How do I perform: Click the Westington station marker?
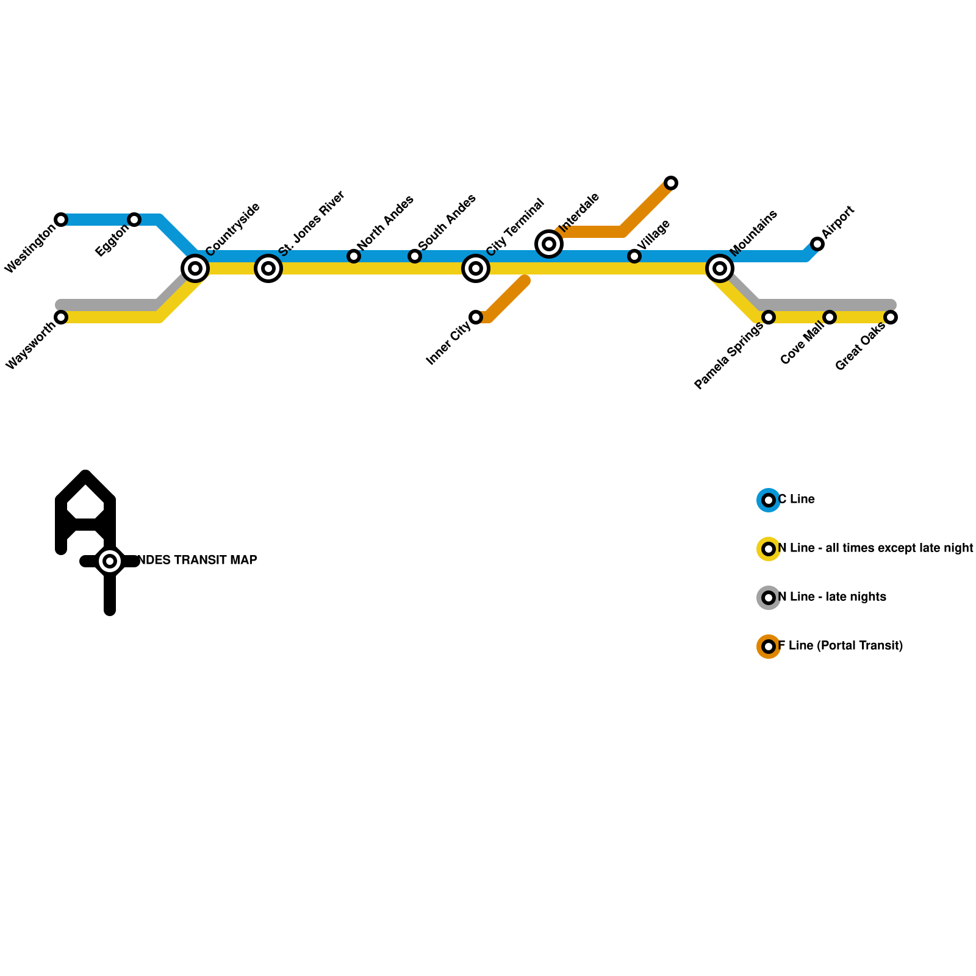[x=61, y=220]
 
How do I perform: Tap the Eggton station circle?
[x=134, y=220]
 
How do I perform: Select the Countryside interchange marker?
[x=195, y=268]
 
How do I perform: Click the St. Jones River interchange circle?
[x=268, y=268]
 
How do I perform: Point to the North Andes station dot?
[x=354, y=256]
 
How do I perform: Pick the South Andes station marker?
[x=415, y=256]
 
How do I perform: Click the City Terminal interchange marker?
[x=476, y=268]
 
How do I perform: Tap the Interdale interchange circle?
[x=549, y=244]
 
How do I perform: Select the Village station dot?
[x=634, y=256]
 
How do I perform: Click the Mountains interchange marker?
[x=720, y=268]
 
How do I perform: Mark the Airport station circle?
[x=817, y=244]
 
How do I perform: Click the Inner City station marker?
[x=476, y=317]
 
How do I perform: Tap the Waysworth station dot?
[x=61, y=317]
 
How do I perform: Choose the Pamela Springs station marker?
[x=769, y=317]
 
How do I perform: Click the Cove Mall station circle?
[x=830, y=317]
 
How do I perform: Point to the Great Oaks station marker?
[x=891, y=317]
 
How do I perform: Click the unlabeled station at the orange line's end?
[x=671, y=183]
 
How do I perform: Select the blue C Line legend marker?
[x=769, y=500]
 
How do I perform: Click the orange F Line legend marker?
[x=769, y=647]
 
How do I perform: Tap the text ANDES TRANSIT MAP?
[x=195, y=560]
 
